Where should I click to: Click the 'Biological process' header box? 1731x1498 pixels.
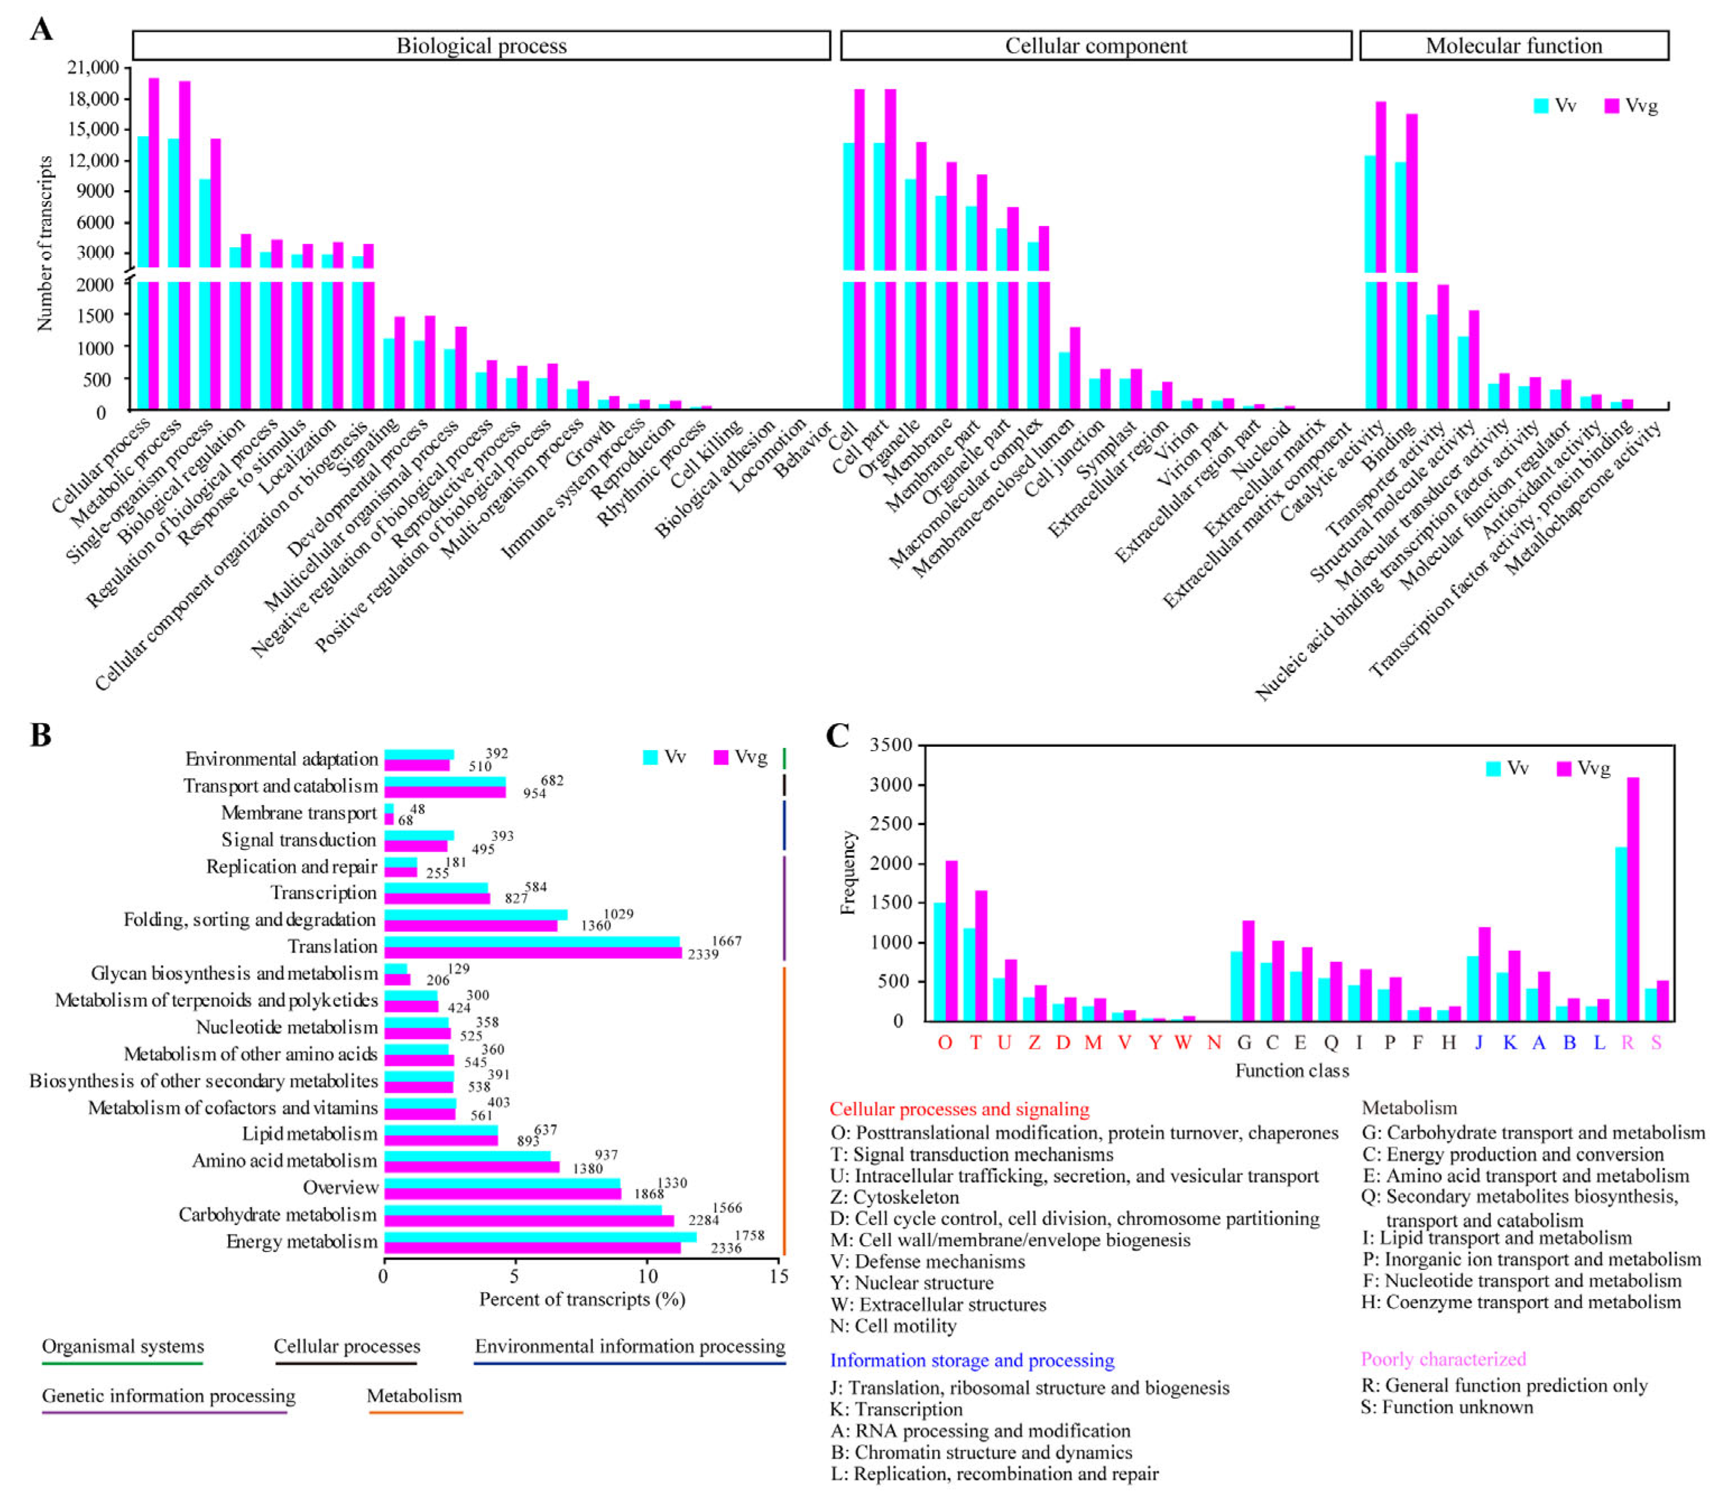point(482,45)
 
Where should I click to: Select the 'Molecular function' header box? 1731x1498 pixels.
point(1514,45)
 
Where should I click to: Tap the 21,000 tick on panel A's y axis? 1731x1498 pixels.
point(93,68)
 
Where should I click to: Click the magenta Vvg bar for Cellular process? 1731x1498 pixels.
point(154,242)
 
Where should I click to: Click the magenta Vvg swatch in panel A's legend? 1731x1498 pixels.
point(1612,106)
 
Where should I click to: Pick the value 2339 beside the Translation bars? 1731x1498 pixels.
point(703,954)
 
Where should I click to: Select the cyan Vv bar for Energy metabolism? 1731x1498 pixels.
point(540,1236)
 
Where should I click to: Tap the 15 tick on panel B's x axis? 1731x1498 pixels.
point(778,1277)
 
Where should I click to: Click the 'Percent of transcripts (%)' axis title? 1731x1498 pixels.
point(582,1299)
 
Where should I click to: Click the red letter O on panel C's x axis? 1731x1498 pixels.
point(945,1042)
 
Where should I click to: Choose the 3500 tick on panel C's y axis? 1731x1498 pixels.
point(891,745)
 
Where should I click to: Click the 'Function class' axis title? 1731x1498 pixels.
point(1292,1070)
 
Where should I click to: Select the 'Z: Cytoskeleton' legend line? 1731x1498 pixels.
point(894,1197)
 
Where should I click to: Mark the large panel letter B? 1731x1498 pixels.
point(40,736)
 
